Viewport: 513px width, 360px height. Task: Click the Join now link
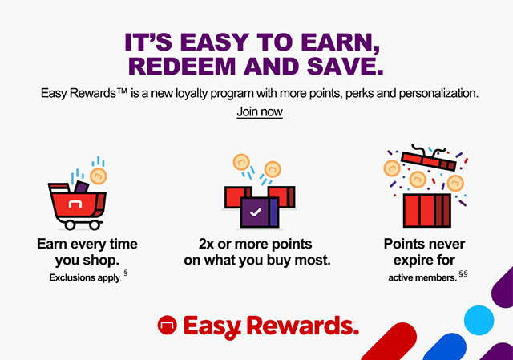(x=260, y=112)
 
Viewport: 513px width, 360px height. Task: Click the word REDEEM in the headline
(x=182, y=66)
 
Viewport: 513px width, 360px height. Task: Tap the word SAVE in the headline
(x=345, y=66)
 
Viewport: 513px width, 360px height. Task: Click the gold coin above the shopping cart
(x=99, y=176)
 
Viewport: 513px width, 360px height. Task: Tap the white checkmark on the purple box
(x=256, y=212)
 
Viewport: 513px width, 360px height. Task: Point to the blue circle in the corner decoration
(x=479, y=320)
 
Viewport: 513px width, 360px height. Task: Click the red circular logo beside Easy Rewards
(x=168, y=325)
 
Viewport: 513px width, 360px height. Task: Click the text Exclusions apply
(x=85, y=277)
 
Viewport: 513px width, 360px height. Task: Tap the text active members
(x=422, y=278)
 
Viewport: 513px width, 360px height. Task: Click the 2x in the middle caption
(x=206, y=245)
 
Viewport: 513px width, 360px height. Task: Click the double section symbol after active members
(x=463, y=273)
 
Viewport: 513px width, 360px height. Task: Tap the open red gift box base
(x=427, y=210)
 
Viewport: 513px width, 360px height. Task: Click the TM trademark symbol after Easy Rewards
(x=121, y=91)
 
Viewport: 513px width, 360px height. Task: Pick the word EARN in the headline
(x=340, y=42)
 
